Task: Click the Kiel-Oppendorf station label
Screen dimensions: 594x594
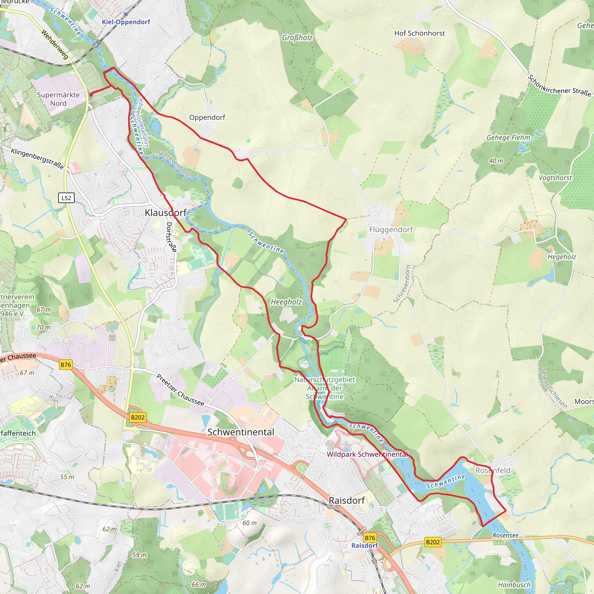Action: pyautogui.click(x=126, y=22)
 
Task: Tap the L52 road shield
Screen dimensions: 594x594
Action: pyautogui.click(x=66, y=198)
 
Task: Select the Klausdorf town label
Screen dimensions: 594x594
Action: pyautogui.click(x=166, y=212)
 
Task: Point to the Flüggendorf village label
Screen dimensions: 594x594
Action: pyautogui.click(x=391, y=229)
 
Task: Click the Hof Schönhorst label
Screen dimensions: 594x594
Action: pyautogui.click(x=419, y=33)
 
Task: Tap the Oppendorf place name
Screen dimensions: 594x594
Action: pyautogui.click(x=207, y=117)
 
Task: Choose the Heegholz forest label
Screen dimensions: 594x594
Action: pyautogui.click(x=286, y=302)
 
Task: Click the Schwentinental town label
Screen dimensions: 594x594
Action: pyautogui.click(x=241, y=432)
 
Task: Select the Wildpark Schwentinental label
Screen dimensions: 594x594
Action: pyautogui.click(x=367, y=454)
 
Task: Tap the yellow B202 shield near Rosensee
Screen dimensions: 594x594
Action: pyautogui.click(x=433, y=542)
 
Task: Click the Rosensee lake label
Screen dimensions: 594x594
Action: pyautogui.click(x=506, y=535)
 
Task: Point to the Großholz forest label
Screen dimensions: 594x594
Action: pyautogui.click(x=297, y=37)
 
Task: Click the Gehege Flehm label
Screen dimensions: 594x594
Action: pyautogui.click(x=508, y=137)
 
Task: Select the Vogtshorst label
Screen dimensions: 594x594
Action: pyautogui.click(x=555, y=178)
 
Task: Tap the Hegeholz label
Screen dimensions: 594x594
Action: pyautogui.click(x=562, y=257)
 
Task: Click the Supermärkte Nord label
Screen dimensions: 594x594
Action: pyautogui.click(x=58, y=99)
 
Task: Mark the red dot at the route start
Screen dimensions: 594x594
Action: pyautogui.click(x=91, y=95)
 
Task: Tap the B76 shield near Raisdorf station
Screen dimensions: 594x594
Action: pyautogui.click(x=370, y=538)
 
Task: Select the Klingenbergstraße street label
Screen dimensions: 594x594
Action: pyautogui.click(x=37, y=159)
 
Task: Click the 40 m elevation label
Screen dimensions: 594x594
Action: pyautogui.click(x=496, y=161)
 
